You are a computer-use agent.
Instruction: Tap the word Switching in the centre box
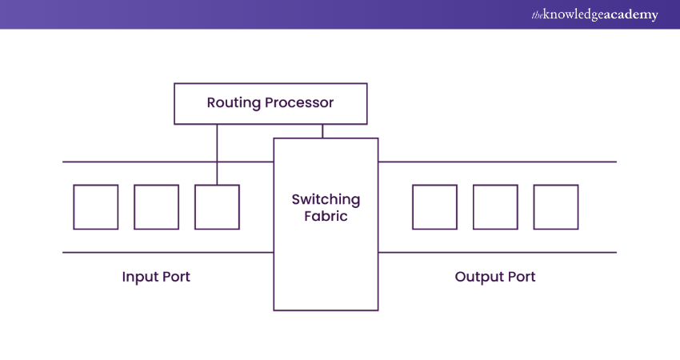[x=326, y=199]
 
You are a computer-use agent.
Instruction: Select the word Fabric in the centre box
[x=326, y=216]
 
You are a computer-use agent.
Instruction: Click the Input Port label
[x=156, y=277]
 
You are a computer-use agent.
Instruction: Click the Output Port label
[x=495, y=277]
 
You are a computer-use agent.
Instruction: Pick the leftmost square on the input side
[x=96, y=207]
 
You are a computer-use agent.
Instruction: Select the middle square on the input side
[x=156, y=207]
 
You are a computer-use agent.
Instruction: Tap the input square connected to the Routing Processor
[x=217, y=207]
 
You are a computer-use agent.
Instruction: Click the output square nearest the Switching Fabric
[x=434, y=207]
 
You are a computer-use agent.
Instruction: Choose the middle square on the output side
[x=495, y=207]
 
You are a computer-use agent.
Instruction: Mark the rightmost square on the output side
[x=556, y=207]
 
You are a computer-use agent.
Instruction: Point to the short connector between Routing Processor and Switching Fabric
[x=322, y=131]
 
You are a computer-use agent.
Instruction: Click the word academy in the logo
[x=630, y=15]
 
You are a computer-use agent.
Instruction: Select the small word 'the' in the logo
[x=537, y=15]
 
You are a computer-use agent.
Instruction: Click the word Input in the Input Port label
[x=140, y=277]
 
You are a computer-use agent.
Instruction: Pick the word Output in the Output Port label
[x=478, y=277]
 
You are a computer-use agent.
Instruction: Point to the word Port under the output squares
[x=521, y=277]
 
